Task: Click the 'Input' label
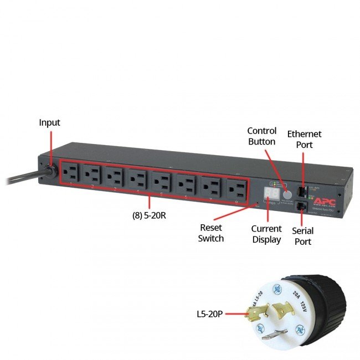pos(49,122)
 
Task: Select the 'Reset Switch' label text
pos(211,233)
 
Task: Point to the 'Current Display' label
pos(266,234)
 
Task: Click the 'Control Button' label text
pos(261,136)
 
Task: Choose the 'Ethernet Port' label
pos(304,139)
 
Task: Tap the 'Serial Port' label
pos(302,236)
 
